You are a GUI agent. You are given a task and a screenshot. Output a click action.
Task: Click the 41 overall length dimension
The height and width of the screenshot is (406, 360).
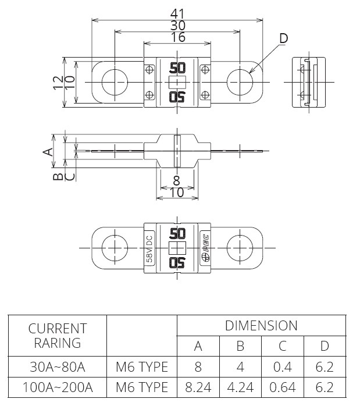pyautogui.click(x=177, y=13)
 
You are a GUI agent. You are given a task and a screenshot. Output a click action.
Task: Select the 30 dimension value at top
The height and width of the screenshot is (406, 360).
pyautogui.click(x=177, y=25)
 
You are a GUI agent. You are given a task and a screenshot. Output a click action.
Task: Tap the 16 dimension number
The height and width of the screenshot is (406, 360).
pyautogui.click(x=177, y=37)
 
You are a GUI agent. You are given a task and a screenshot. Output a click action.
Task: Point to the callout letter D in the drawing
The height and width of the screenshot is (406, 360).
pyautogui.click(x=283, y=38)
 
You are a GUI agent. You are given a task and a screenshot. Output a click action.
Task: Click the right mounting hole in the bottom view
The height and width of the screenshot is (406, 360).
pyautogui.click(x=239, y=247)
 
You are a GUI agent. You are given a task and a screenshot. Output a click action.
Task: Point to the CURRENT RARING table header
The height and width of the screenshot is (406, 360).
pyautogui.click(x=57, y=335)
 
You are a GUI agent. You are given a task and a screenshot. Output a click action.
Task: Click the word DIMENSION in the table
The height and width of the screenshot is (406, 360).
pyautogui.click(x=261, y=325)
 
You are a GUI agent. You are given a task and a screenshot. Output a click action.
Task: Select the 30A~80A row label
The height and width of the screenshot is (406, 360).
pyautogui.click(x=57, y=367)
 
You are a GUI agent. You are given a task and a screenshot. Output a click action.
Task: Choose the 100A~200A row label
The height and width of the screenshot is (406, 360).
pyautogui.click(x=57, y=386)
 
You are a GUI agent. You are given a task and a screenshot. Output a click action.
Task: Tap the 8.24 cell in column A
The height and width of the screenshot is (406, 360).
pyautogui.click(x=198, y=386)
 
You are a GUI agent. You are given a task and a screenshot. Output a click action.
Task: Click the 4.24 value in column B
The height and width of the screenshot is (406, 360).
pyautogui.click(x=240, y=386)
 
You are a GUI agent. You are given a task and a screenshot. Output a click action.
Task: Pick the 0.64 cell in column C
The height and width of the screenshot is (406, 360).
pyautogui.click(x=282, y=386)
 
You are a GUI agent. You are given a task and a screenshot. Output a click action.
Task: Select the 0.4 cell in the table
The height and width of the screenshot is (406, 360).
pyautogui.click(x=282, y=367)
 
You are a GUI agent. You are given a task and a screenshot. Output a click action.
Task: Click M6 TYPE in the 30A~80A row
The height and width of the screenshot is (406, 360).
pyautogui.click(x=141, y=367)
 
